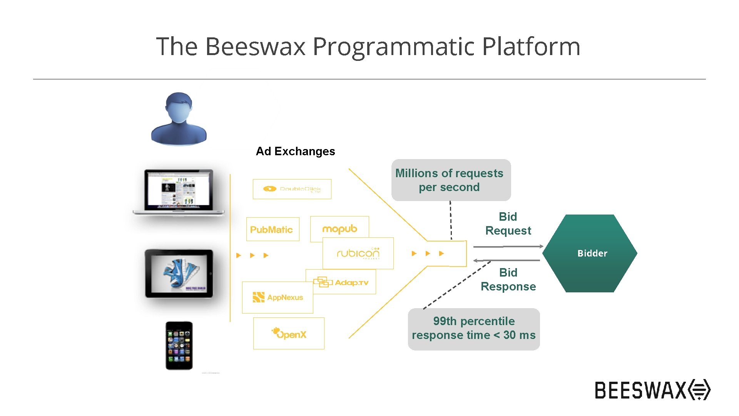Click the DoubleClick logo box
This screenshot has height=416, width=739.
292,189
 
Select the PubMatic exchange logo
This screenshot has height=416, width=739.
272,230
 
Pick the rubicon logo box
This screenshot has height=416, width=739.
358,253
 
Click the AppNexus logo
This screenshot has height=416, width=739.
278,297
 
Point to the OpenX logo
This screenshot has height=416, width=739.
289,334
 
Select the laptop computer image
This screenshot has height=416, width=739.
179,191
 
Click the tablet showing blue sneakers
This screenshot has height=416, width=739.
179,273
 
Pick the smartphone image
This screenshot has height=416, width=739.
179,346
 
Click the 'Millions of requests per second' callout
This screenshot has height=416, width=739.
451,180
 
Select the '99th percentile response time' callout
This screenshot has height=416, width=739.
473,329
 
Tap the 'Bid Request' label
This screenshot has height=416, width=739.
508,223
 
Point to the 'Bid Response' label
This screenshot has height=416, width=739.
508,279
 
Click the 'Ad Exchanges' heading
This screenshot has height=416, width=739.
295,151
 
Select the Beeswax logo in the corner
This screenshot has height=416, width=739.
652,390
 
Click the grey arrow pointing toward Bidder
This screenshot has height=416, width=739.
508,246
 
